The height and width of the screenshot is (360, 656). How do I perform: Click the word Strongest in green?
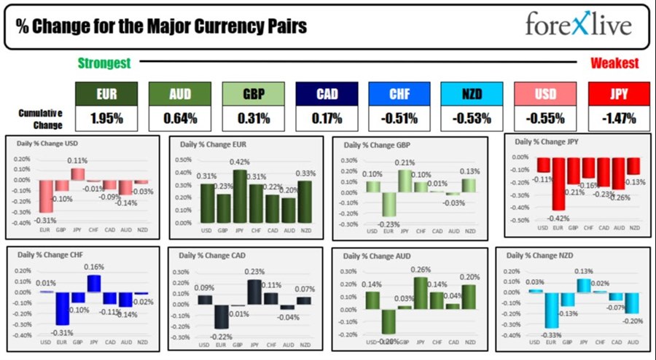104,63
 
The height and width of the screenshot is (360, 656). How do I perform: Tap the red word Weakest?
614,63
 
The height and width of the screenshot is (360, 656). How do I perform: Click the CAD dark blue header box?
327,93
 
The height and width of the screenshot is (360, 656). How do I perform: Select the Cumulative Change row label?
41,117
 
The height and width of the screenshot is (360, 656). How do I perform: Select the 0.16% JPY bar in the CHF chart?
94,283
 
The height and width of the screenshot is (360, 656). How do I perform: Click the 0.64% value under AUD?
180,117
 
